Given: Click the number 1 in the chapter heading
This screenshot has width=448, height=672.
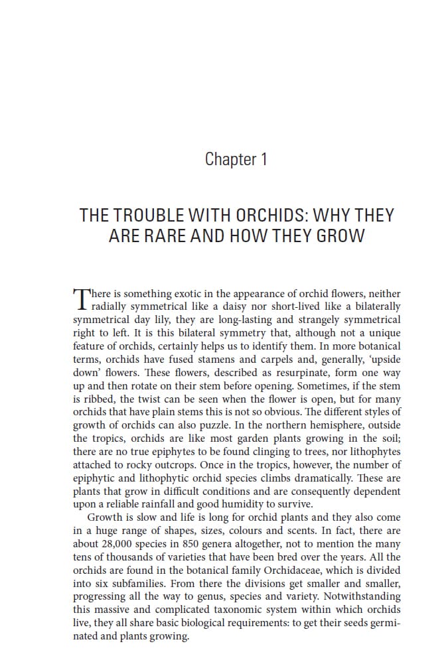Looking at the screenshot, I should pos(263,159).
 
